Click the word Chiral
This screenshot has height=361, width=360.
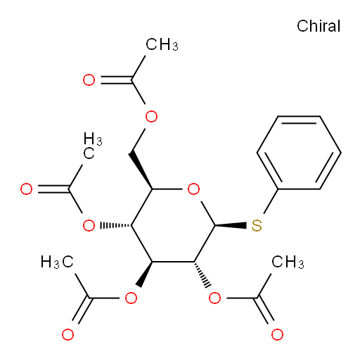coord(319,26)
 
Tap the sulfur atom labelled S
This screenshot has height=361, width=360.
coord(257,226)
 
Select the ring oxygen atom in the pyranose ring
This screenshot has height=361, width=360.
coord(193,189)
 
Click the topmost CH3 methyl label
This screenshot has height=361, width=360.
coord(162,44)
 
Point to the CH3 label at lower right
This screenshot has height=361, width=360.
coord(288,262)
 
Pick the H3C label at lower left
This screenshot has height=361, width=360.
coord(57,262)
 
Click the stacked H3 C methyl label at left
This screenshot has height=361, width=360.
coord(93,146)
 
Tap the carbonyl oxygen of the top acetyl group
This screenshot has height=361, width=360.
coord(89,80)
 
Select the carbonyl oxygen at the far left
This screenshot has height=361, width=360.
coord(26,189)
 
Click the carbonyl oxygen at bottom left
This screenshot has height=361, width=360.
coord(68,334)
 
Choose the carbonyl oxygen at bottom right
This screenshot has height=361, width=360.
coord(277,334)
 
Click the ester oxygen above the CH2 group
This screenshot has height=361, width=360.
coord(151,116)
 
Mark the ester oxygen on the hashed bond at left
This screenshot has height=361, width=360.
coord(89,226)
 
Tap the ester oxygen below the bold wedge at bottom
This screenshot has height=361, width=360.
coord(131,298)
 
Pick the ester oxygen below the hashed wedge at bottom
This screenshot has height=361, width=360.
coord(214,298)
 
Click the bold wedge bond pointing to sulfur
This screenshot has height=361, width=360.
coord(231,226)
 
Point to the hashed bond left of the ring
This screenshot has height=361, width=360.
coord(116,226)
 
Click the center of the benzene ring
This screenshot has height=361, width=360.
coord(299,153)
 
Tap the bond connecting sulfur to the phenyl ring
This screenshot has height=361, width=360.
coord(271,201)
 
